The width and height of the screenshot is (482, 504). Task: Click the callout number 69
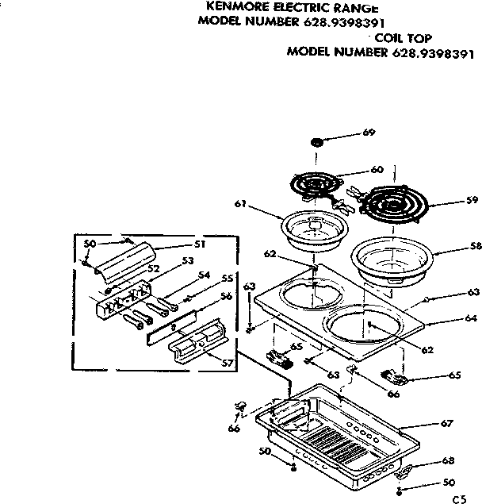pyautogui.click(x=369, y=133)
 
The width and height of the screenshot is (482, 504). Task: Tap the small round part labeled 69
pyautogui.click(x=318, y=141)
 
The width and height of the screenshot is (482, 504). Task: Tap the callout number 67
pyautogui.click(x=448, y=424)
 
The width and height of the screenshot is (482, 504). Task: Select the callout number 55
pyautogui.click(x=227, y=279)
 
